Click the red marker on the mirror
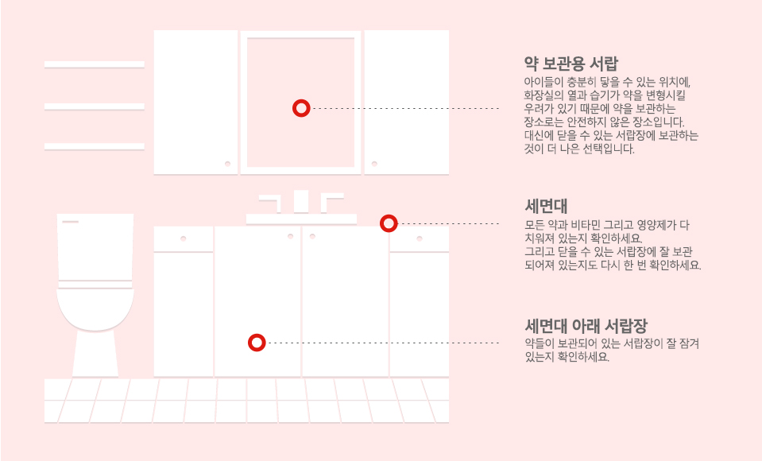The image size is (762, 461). [300, 108]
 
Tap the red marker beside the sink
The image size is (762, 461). [389, 223]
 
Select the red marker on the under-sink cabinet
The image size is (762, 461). [257, 343]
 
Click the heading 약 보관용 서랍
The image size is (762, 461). [571, 63]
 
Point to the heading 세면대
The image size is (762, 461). [546, 206]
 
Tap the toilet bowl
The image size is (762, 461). [95, 310]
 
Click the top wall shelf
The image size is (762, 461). [95, 64]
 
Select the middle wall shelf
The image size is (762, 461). [95, 106]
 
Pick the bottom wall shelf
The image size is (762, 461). [95, 146]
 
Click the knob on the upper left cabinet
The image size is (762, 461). [227, 163]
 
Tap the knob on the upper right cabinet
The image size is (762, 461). [374, 163]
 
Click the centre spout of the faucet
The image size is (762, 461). [301, 201]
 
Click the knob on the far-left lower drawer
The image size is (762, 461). [183, 238]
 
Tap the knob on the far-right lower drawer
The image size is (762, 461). [420, 238]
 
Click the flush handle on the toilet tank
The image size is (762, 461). [70, 222]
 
